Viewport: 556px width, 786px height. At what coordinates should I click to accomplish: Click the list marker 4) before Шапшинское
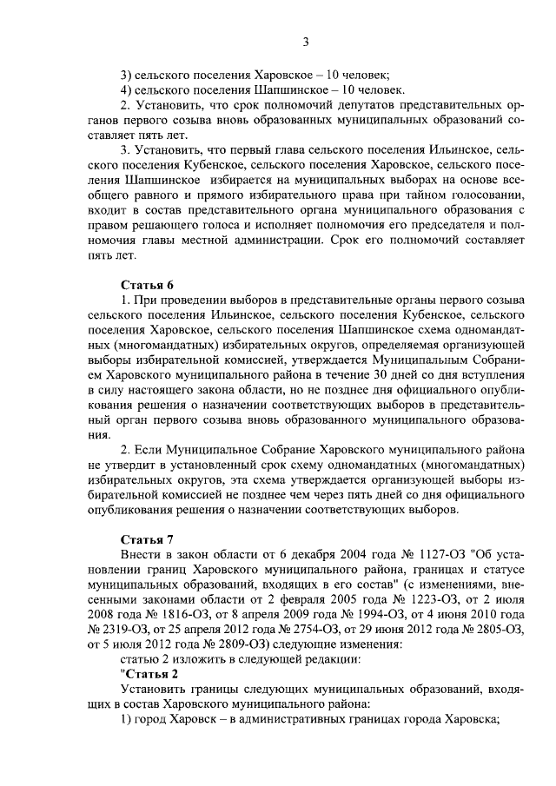(127, 89)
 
